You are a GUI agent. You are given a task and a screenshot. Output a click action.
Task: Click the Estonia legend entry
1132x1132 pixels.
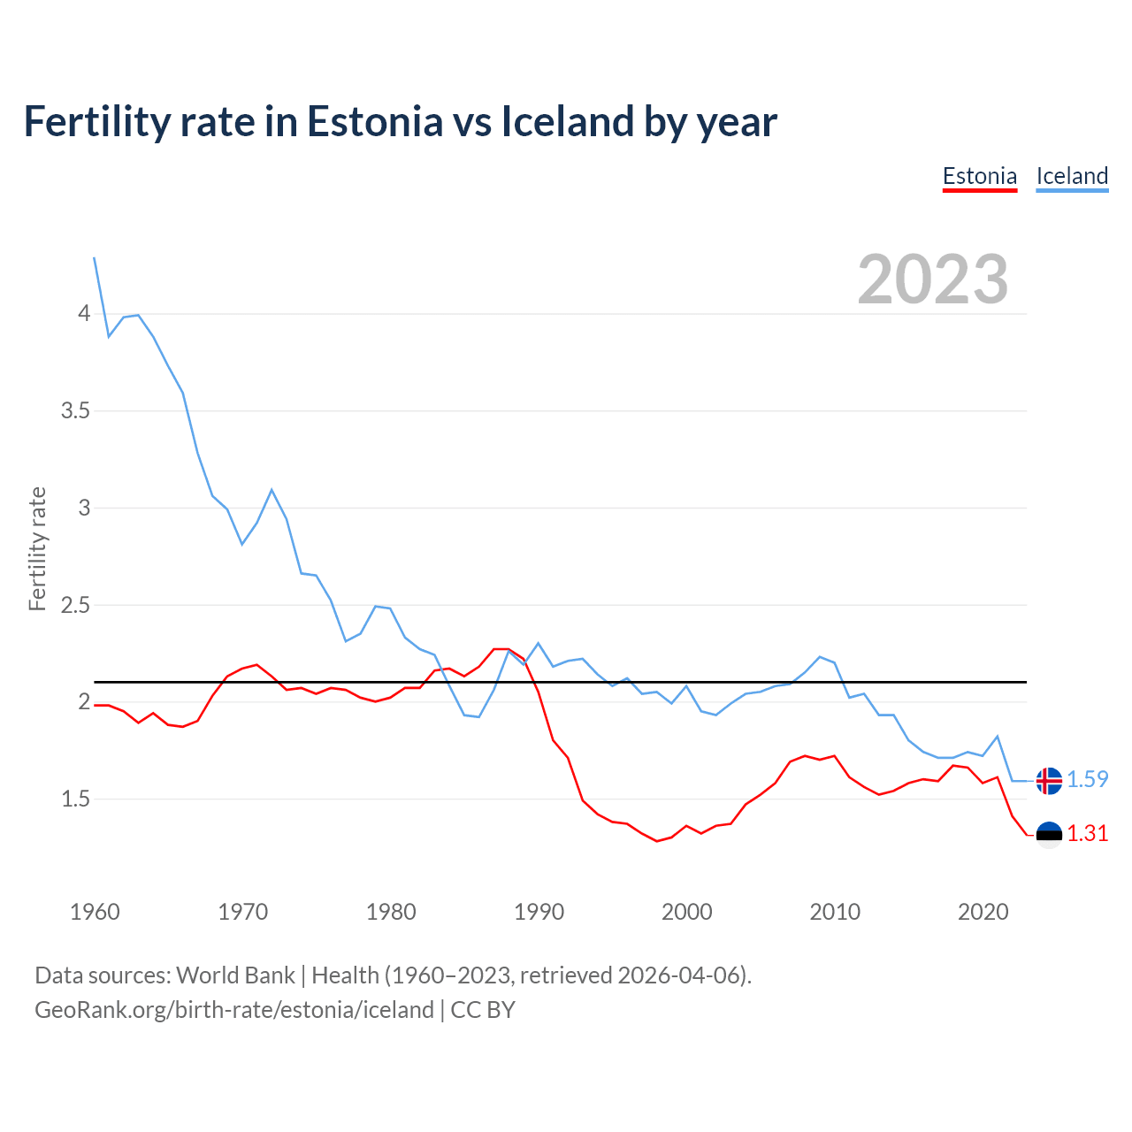(x=980, y=176)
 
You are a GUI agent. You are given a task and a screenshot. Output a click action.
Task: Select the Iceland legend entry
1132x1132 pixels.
(x=1072, y=176)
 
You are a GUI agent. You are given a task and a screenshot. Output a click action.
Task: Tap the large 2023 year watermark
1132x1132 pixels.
(x=932, y=279)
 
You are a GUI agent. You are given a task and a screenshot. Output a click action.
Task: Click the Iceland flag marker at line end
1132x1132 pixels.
(x=1049, y=781)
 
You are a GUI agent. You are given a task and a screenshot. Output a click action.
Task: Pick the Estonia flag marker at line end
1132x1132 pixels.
(x=1049, y=835)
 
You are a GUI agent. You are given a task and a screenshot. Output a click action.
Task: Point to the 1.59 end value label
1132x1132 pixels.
(x=1087, y=779)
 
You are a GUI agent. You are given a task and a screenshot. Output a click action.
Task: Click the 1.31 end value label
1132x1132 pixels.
(x=1087, y=833)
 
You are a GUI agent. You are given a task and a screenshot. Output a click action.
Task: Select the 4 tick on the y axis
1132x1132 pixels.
(x=84, y=314)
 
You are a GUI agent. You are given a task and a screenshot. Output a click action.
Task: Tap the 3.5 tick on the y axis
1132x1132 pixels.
(x=75, y=411)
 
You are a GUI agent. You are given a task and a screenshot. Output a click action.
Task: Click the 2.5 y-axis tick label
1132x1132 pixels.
(x=75, y=606)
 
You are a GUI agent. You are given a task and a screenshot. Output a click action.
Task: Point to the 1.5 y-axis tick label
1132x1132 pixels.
(x=75, y=799)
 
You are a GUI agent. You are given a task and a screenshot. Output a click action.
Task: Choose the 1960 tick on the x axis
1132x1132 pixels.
(x=95, y=912)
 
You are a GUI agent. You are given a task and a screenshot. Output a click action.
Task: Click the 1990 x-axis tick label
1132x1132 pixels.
(x=539, y=912)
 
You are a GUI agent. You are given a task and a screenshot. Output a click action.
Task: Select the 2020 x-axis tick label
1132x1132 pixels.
(x=983, y=912)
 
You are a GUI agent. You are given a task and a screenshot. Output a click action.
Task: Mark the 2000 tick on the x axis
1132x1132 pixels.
(x=686, y=912)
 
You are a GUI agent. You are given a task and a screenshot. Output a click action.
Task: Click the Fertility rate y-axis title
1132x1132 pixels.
(x=37, y=548)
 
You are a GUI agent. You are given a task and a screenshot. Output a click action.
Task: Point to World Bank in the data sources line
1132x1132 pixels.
(x=235, y=975)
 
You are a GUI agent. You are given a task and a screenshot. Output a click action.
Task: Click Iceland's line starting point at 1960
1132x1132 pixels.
(x=95, y=257)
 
